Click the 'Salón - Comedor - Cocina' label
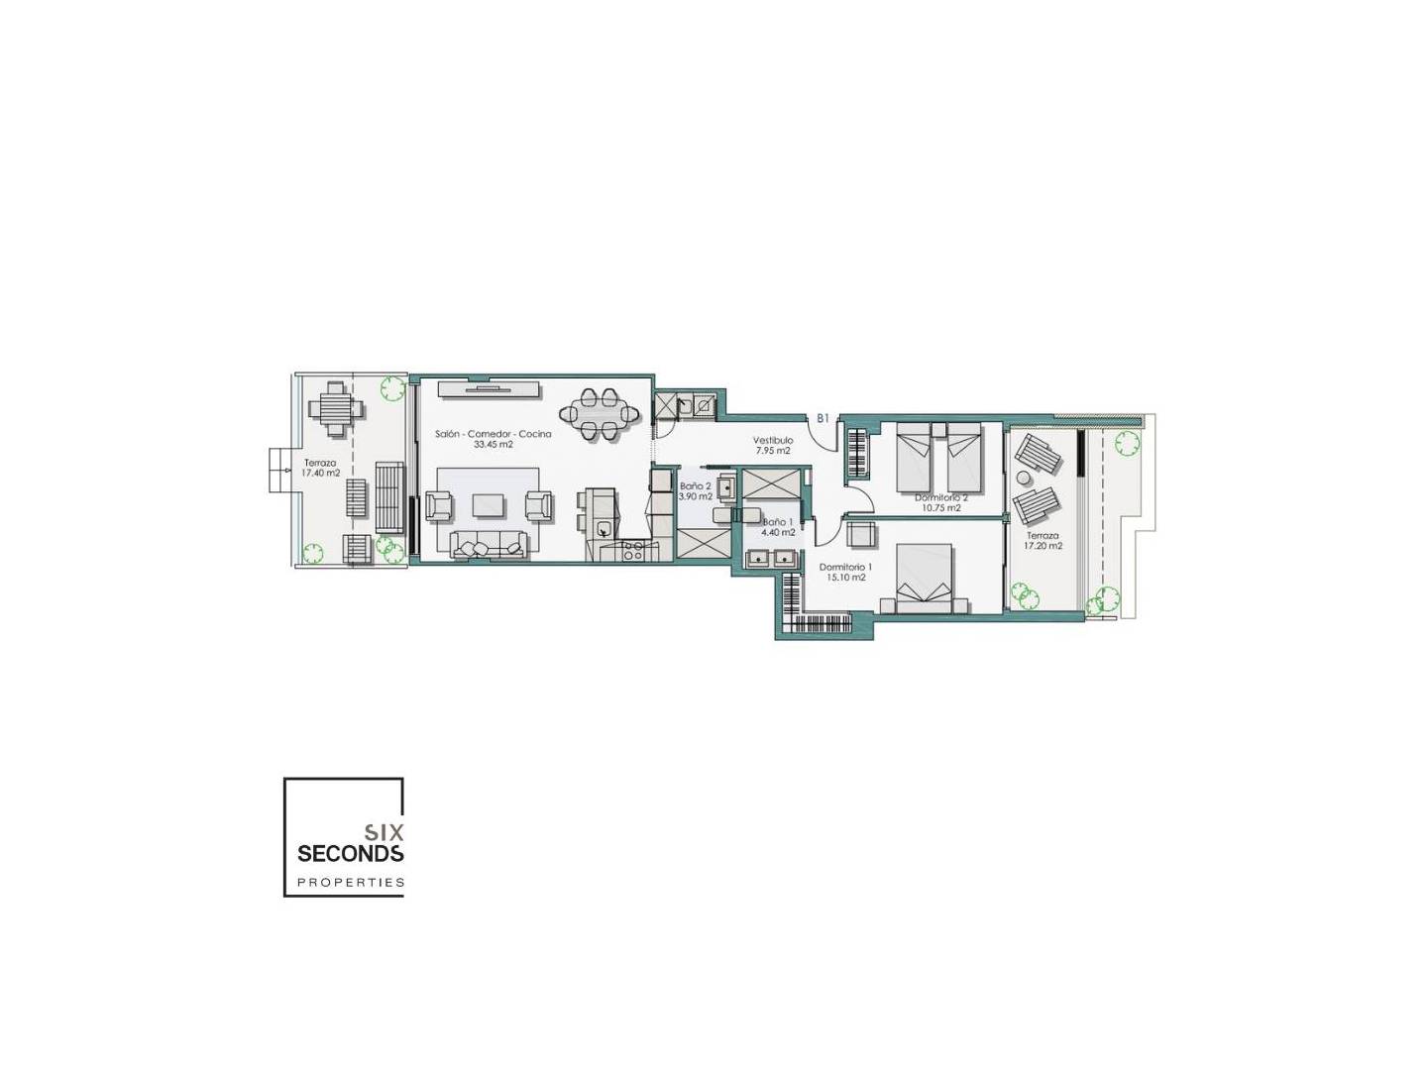[x=493, y=434]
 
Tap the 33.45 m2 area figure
[x=494, y=445]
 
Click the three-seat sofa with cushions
[x=489, y=544]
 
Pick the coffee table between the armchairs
[x=489, y=505]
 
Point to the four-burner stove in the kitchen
[x=633, y=552]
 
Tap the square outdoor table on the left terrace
[x=335, y=408]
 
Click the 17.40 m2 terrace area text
[x=321, y=473]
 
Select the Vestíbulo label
[x=773, y=441]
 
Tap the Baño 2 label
[x=695, y=485]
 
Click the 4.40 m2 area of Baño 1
[x=778, y=532]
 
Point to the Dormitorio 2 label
[x=941, y=497]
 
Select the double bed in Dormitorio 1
[x=924, y=579]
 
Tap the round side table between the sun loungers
[x=1025, y=478]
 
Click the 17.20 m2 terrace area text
[x=1043, y=546]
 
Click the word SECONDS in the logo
[x=351, y=853]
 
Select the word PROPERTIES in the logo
[x=351, y=882]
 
